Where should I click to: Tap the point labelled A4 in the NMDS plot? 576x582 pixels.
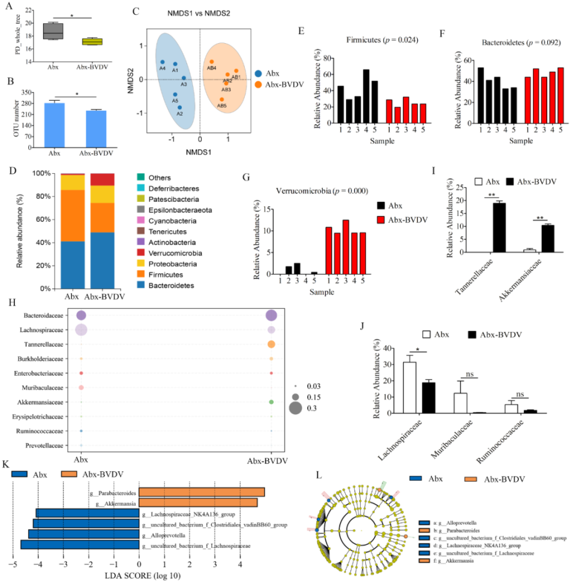point(162,62)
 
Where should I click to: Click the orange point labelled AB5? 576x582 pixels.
point(221,99)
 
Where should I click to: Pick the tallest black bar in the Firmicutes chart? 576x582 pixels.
point(365,99)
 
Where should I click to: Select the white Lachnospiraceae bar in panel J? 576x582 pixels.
point(410,379)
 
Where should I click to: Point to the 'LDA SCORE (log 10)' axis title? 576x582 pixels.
point(139,575)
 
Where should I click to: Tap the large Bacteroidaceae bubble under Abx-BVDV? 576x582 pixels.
point(271,316)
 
